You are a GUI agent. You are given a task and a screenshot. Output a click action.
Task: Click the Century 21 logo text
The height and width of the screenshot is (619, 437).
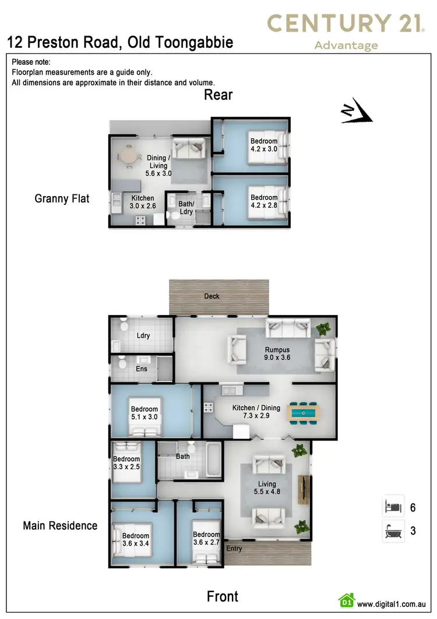tap(345, 23)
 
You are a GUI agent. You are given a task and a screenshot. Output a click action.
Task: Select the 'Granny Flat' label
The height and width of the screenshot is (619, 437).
tap(62, 199)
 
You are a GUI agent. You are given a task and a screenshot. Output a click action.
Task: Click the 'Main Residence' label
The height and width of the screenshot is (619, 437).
tap(60, 526)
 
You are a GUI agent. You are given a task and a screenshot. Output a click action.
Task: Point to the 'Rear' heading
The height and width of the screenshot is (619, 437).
tap(218, 95)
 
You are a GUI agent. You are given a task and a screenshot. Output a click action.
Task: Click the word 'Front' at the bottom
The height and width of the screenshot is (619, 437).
tap(223, 596)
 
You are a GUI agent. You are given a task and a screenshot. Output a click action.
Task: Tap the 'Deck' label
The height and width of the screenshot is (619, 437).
tap(212, 296)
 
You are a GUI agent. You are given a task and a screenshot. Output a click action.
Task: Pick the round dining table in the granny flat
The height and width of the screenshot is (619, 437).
tap(128, 156)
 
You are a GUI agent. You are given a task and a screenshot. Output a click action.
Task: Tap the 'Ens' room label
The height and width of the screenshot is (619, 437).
tap(142, 369)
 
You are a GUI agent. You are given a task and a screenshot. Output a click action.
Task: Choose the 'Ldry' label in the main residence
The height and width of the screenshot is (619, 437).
tap(143, 336)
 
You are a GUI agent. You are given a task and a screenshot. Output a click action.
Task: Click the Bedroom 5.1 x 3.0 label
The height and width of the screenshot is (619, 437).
tap(145, 413)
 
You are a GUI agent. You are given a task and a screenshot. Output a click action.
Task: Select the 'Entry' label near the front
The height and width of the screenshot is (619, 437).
tap(234, 548)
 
